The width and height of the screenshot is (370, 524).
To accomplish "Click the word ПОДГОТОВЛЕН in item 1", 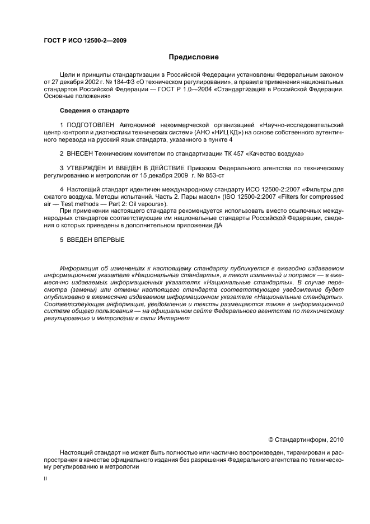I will pyautogui.click(x=91, y=125).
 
